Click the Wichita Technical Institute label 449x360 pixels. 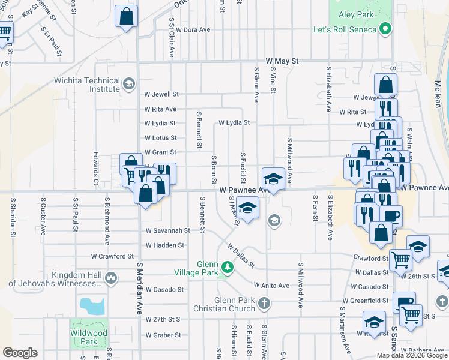(x=94, y=85)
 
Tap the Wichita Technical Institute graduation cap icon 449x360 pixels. (x=128, y=84)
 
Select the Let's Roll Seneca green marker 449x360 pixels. (x=387, y=28)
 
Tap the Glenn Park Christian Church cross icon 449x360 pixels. (x=264, y=304)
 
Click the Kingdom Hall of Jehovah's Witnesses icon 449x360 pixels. (x=110, y=277)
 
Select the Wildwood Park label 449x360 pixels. (x=88, y=337)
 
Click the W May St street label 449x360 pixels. (x=282, y=61)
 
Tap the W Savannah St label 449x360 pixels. (x=168, y=230)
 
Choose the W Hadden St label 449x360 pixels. (x=165, y=245)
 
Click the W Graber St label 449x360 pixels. (x=164, y=335)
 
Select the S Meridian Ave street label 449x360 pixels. (x=139, y=288)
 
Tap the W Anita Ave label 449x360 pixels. (x=271, y=286)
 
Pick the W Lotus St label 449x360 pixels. (x=160, y=138)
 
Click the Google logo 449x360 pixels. (x=20, y=353)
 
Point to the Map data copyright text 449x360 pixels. (x=411, y=355)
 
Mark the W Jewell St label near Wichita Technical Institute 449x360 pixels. (x=161, y=94)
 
